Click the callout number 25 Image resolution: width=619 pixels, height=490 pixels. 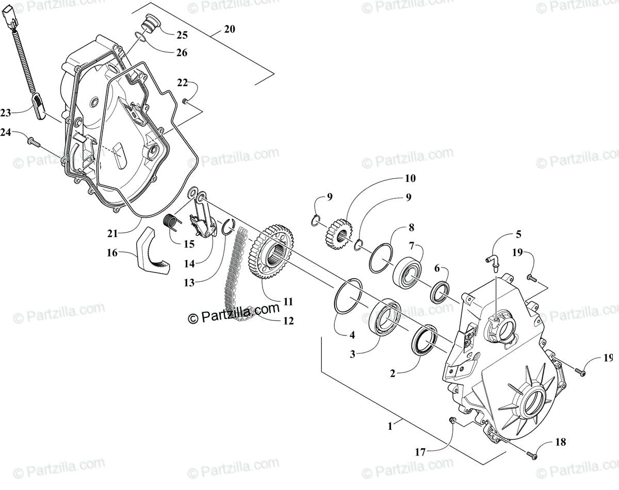click(182, 36)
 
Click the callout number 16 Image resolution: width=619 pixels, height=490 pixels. click(112, 253)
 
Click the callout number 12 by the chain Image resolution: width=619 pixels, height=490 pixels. click(288, 320)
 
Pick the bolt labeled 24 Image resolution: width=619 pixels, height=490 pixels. click(34, 142)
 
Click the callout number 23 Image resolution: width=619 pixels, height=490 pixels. click(6, 113)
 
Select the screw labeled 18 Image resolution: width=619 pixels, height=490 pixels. click(531, 455)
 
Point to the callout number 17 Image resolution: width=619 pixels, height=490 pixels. click(420, 452)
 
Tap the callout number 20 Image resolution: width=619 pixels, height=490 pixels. click(229, 29)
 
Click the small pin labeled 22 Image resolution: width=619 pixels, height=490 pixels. click(186, 100)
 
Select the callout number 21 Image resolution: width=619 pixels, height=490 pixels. click(112, 233)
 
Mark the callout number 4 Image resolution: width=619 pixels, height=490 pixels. click(352, 335)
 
